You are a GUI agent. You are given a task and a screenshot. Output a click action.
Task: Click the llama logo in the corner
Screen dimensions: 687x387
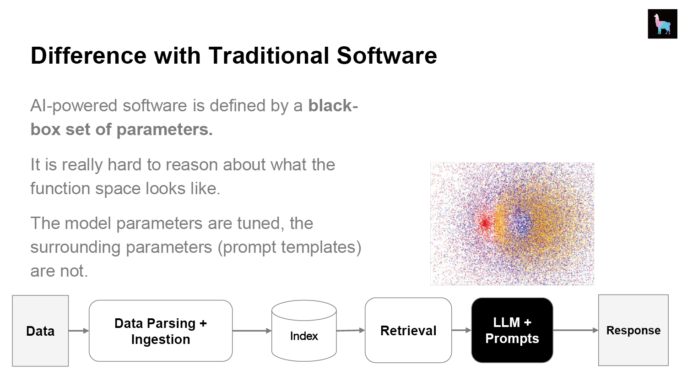pyautogui.click(x=662, y=24)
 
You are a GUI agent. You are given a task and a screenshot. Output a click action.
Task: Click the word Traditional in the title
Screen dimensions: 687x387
pyautogui.click(x=269, y=56)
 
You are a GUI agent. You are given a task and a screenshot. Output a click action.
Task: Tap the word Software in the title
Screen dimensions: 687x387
pyautogui.click(x=387, y=56)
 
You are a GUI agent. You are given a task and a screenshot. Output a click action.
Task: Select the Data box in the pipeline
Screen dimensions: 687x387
pyautogui.click(x=40, y=331)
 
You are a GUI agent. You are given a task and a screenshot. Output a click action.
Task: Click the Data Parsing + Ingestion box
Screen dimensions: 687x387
pyautogui.click(x=161, y=331)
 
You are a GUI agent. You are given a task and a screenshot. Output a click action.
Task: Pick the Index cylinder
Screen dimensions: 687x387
pyautogui.click(x=304, y=331)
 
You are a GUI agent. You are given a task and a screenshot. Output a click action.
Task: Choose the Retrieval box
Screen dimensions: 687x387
pyautogui.click(x=408, y=330)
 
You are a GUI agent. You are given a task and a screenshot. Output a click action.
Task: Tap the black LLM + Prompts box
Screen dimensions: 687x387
pyautogui.click(x=512, y=330)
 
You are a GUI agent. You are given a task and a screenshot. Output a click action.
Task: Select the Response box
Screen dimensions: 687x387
pyautogui.click(x=633, y=330)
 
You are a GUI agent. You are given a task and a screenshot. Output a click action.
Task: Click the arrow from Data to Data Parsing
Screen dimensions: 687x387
pyautogui.click(x=79, y=331)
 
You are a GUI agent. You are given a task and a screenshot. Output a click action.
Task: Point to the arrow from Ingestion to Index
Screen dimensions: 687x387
pyautogui.click(x=252, y=331)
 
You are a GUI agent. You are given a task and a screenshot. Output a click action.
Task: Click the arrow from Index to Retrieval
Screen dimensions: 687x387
pyautogui.click(x=351, y=331)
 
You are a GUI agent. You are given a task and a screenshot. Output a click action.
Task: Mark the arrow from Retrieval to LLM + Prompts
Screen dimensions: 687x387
pyautogui.click(x=461, y=330)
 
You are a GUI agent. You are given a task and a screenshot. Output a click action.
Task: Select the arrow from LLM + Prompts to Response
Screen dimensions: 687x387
pyautogui.click(x=576, y=330)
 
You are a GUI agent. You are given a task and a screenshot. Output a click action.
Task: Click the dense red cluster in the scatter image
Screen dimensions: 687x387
pyautogui.click(x=485, y=223)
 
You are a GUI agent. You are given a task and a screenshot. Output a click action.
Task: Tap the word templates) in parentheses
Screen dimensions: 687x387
pyautogui.click(x=321, y=248)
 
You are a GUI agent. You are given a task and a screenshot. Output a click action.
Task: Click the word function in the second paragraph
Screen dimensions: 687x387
pyautogui.click(x=60, y=188)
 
